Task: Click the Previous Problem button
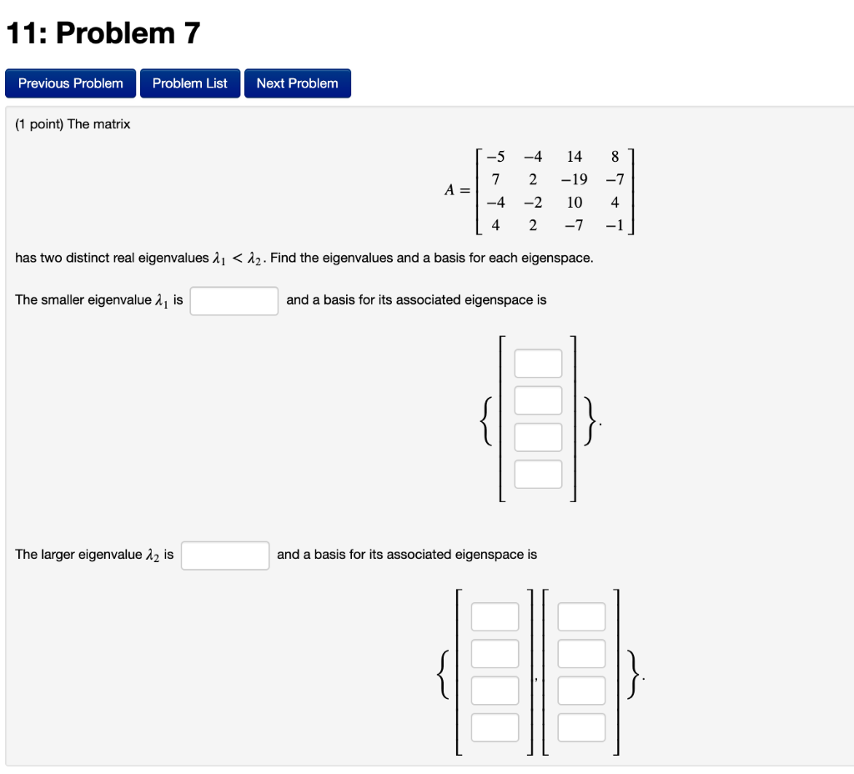(71, 83)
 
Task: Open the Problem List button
(190, 83)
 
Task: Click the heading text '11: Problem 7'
(103, 33)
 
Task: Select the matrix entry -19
(574, 179)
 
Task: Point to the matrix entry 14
(574, 157)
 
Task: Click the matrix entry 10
(574, 203)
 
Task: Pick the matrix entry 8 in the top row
(615, 157)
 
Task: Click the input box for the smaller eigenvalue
(234, 301)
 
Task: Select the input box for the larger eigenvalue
(225, 555)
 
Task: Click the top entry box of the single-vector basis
(538, 364)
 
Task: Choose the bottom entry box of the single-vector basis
(538, 474)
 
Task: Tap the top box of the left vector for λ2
(495, 617)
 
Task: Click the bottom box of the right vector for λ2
(581, 727)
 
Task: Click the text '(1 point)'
(39, 124)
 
